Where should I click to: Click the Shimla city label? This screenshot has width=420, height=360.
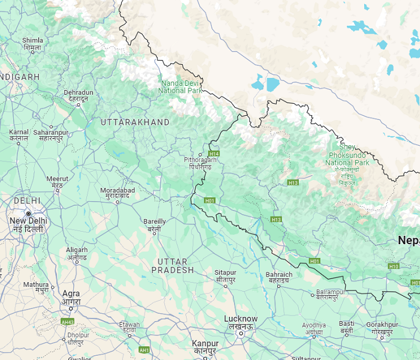[x=32, y=44]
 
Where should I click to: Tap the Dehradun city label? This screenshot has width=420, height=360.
[x=79, y=96]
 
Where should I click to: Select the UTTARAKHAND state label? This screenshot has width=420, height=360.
[x=135, y=122]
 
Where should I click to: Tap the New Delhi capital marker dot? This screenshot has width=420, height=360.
[x=28, y=213]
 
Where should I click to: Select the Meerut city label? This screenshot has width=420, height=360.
[x=58, y=182]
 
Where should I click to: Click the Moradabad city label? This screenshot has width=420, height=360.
[x=118, y=194]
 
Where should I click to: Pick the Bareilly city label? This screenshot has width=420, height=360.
[x=155, y=225]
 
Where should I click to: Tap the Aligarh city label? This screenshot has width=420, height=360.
[x=77, y=253]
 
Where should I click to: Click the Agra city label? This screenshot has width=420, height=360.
[x=71, y=298]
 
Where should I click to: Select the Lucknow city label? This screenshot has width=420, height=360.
[x=241, y=322]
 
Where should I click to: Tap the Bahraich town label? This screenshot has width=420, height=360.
[x=279, y=278]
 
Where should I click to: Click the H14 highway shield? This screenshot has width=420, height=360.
[x=214, y=154]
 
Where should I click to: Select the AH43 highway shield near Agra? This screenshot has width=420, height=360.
[x=67, y=322]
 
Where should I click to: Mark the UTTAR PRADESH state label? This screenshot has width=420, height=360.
[x=173, y=266]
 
